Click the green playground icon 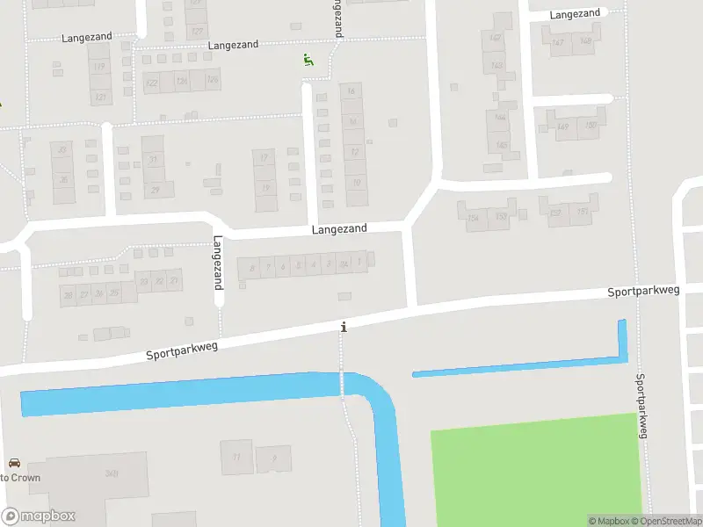point(308,60)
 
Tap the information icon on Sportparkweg point(344,327)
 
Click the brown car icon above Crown point(14,463)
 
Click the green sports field point(534,470)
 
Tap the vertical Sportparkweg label point(641,405)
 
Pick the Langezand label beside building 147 point(575,13)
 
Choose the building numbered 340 point(112,474)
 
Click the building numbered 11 point(236,457)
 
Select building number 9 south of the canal point(275,458)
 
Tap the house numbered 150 point(590,125)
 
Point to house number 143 point(497,65)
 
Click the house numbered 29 point(156,190)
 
